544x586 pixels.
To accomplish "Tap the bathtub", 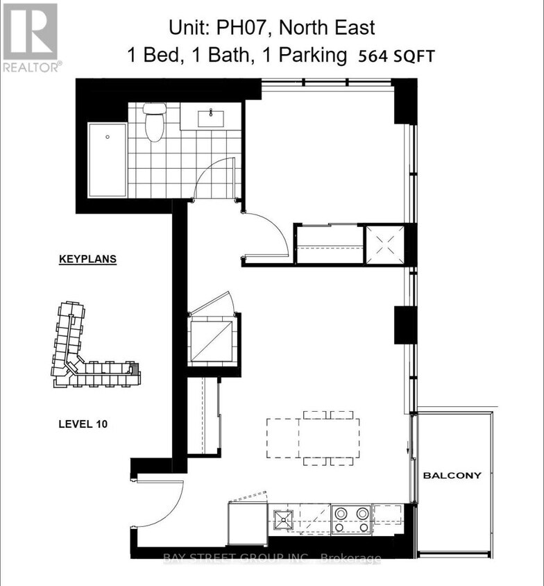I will click(108, 160).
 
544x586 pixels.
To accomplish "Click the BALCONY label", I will click(452, 476).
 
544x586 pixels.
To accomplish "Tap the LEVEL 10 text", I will click(81, 423).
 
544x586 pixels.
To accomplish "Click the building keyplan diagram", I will click(94, 347).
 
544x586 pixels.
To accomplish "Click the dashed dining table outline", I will click(314, 437).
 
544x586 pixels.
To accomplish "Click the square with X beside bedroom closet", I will click(384, 244).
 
